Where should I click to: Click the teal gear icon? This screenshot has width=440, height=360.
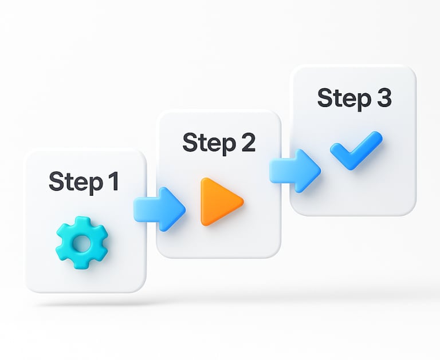pos(81,243)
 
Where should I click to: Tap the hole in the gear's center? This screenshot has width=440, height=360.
pos(81,243)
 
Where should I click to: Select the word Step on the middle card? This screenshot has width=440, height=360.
pos(204,143)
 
